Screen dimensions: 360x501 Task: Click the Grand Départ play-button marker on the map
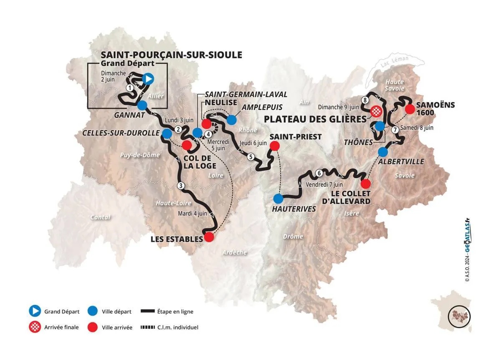[x=148, y=78]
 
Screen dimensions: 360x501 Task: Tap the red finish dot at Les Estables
[x=209, y=237]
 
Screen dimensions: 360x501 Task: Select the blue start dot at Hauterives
[x=278, y=198]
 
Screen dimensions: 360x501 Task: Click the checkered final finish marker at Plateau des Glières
[x=376, y=111]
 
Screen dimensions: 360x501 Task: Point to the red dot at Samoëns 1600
[x=410, y=109]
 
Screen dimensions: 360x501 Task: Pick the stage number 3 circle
[x=180, y=186]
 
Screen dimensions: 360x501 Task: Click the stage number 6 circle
[x=319, y=173]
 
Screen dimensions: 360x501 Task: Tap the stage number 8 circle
[x=365, y=100]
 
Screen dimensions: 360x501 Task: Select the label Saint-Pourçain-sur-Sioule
[x=171, y=55]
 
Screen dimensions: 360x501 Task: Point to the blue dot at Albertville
[x=383, y=151]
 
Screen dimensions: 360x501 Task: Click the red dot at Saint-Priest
[x=275, y=146]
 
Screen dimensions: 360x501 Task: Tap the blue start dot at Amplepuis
[x=232, y=120]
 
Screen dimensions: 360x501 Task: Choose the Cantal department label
[x=100, y=217]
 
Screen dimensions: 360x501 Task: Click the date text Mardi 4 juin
[x=193, y=213]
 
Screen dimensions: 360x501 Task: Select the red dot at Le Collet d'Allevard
[x=365, y=184]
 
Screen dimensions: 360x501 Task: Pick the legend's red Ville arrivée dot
[x=94, y=327]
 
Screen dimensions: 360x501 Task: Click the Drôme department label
[x=293, y=237]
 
